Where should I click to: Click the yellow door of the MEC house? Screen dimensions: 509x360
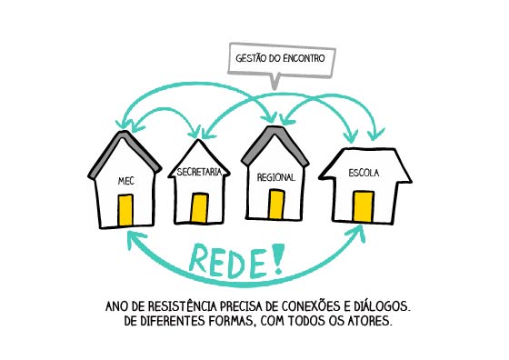tap(125, 210)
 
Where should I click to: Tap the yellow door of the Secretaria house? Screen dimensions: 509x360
tap(199, 208)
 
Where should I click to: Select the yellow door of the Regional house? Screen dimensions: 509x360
tap(276, 205)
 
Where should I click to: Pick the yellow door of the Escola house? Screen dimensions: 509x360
tap(364, 206)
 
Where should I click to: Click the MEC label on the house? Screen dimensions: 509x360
tap(126, 181)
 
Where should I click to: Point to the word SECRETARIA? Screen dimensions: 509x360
tap(199, 172)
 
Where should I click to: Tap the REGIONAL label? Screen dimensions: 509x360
tap(276, 177)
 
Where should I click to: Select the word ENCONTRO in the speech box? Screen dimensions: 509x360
tap(304, 58)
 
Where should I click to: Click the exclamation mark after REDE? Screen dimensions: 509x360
tap(277, 258)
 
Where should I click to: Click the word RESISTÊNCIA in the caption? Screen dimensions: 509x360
tap(183, 306)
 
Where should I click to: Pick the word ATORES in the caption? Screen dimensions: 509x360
tap(370, 321)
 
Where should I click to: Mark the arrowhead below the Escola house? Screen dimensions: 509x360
tap(357, 233)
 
